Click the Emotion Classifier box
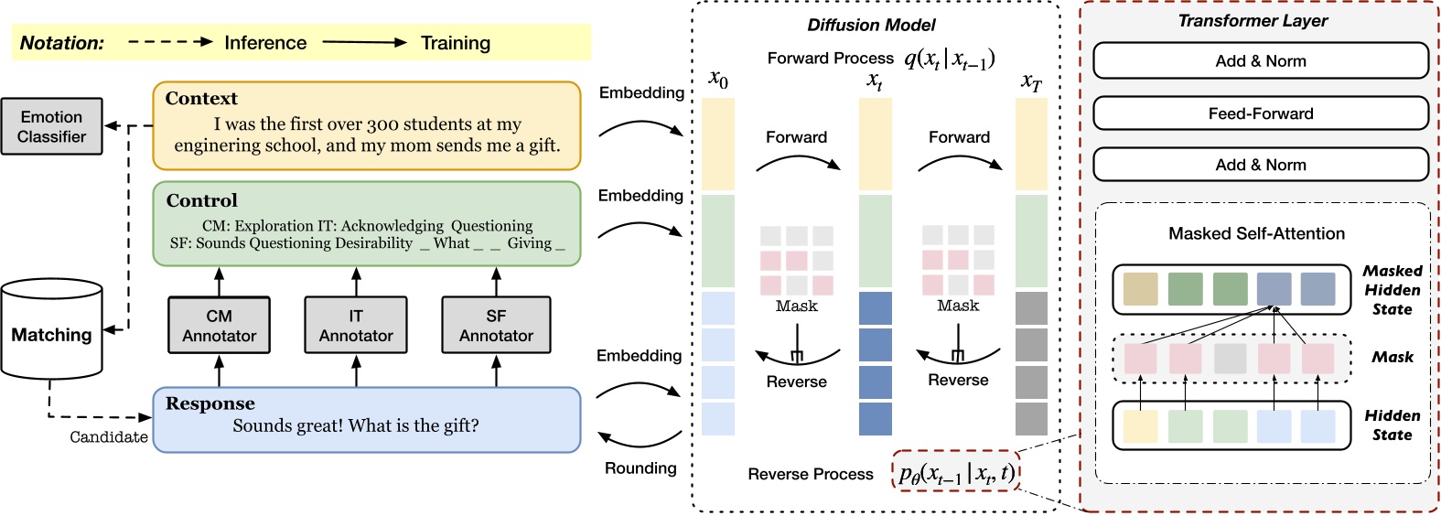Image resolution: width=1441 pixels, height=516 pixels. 51,126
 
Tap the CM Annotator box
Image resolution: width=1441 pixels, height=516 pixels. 219,326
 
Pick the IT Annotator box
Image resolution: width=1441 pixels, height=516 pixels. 356,326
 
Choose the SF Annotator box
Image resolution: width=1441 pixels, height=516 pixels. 496,326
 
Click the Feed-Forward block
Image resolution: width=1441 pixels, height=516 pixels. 1260,113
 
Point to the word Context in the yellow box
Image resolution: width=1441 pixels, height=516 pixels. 200,99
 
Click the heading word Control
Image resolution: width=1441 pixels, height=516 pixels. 201,200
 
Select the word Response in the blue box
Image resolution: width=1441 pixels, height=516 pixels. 210,403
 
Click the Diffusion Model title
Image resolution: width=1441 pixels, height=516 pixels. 871,25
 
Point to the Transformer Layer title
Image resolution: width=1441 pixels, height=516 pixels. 1252,20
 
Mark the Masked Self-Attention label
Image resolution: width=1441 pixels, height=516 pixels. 1256,233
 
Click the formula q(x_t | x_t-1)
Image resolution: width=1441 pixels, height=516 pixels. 949,59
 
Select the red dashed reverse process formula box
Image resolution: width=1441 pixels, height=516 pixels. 955,472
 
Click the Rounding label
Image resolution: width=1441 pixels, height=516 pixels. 640,468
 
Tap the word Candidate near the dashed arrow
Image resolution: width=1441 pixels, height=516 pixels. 109,437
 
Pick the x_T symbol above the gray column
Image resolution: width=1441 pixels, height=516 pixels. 1030,81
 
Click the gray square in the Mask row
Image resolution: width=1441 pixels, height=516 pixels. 1230,359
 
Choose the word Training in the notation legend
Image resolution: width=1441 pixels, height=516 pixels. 456,43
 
